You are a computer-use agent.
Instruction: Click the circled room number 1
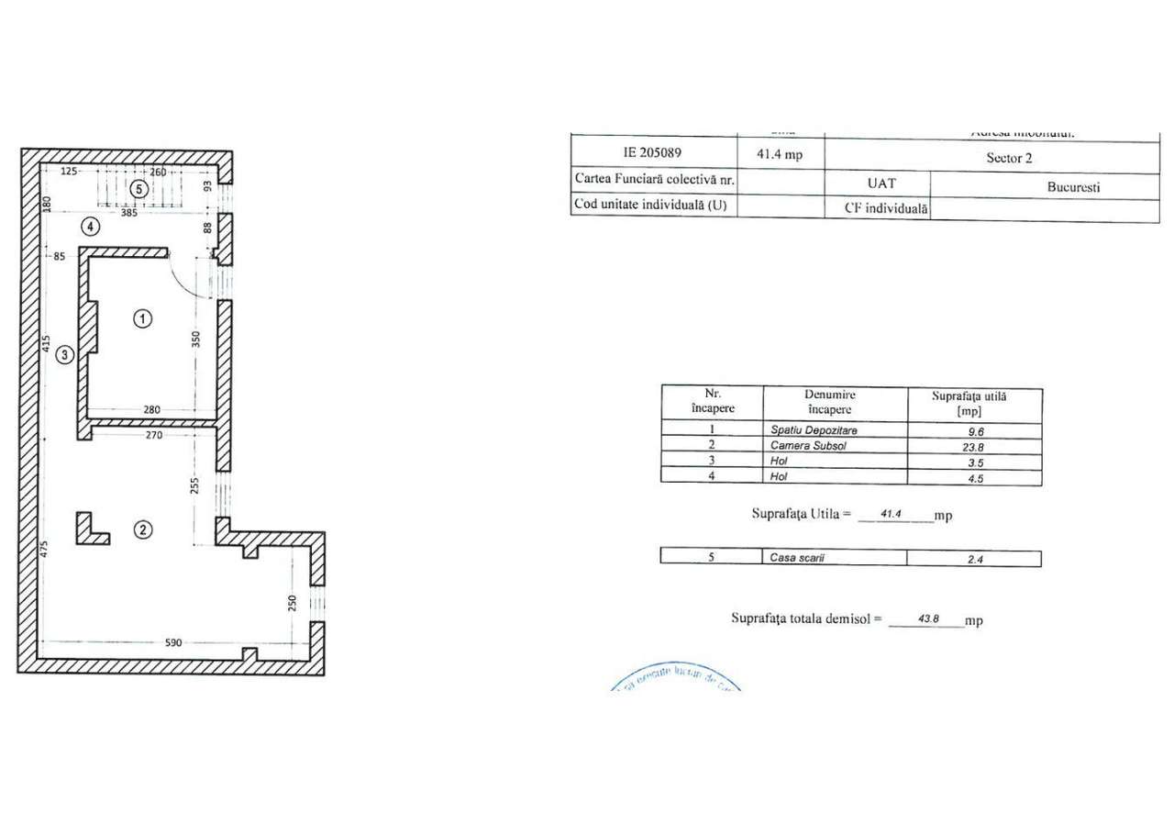[142, 318]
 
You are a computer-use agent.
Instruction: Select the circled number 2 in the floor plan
[142, 529]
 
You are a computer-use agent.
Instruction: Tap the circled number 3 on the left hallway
[64, 355]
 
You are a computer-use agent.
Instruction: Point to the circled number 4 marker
[89, 225]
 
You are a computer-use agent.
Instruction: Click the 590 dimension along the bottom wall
[174, 643]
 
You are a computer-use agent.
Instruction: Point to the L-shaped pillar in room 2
[89, 530]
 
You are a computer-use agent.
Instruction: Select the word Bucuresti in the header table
[1073, 186]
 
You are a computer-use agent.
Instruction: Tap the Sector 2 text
[1009, 158]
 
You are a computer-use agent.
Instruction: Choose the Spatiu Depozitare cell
[834, 429]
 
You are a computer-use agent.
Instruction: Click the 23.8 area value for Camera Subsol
[974, 446]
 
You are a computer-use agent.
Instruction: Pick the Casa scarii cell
[834, 557]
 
